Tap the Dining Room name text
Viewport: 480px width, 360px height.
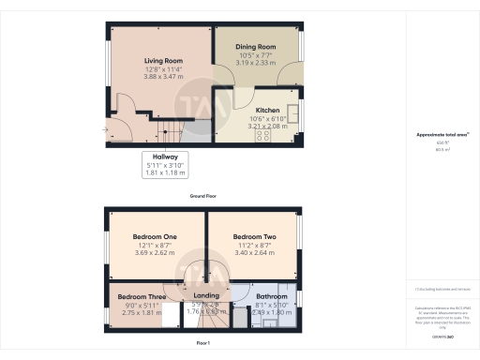pos(254,46)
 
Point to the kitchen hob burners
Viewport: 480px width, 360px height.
pos(263,134)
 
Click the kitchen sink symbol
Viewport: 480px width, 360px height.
pos(293,113)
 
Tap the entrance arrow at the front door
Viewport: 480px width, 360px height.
pos(106,131)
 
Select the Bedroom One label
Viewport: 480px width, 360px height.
pos(157,237)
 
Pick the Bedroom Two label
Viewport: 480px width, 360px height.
pos(252,237)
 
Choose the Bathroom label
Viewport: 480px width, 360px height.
pos(272,297)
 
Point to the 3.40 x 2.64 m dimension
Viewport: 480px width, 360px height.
pos(252,252)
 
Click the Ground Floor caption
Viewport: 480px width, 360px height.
pos(203,196)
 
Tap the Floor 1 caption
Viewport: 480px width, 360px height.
pos(203,344)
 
